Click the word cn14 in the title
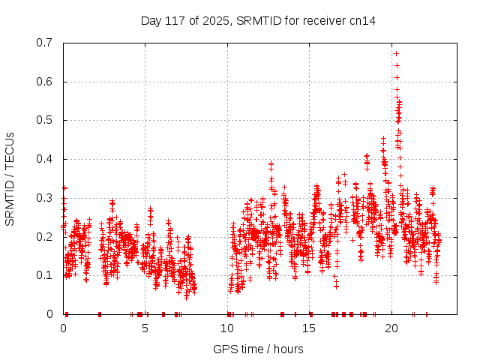[x=361, y=20]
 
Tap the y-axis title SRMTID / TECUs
[x=10, y=178]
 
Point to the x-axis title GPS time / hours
[x=258, y=349]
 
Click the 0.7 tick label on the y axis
[x=47, y=43]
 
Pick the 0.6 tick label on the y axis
[x=47, y=82]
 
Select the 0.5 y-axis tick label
[x=47, y=120]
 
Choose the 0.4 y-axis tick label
[x=47, y=159]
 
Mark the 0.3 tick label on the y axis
[x=47, y=198]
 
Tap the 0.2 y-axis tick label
[x=47, y=236]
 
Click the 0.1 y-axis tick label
[x=47, y=275]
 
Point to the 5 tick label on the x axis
[x=145, y=328]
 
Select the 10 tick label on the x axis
[x=227, y=328]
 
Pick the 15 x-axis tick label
[x=310, y=328]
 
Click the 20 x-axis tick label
[x=391, y=328]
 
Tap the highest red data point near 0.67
[x=396, y=53]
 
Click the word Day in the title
[x=151, y=20]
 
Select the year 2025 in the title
[x=214, y=20]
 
